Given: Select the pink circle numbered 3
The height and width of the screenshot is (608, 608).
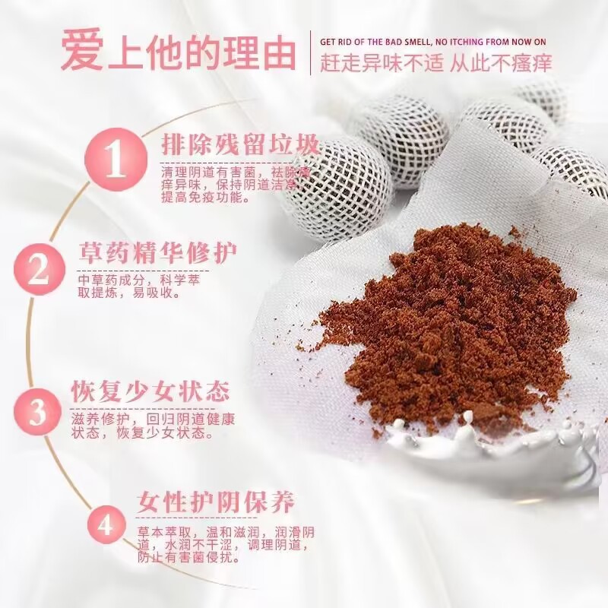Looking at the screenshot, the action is tap(38, 411).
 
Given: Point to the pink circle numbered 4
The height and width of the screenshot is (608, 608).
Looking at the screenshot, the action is tap(106, 526).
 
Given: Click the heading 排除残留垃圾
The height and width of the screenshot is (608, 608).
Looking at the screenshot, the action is tap(239, 145).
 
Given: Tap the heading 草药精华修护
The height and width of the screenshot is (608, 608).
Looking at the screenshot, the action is tap(158, 252).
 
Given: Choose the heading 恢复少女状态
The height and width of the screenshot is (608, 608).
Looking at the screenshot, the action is tap(150, 392).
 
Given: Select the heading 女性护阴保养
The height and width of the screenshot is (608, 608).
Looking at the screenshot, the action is tap(216, 502).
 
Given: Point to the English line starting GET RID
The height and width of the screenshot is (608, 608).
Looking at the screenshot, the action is tap(432, 42).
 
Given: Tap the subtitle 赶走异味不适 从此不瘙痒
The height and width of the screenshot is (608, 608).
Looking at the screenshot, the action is tap(435, 63).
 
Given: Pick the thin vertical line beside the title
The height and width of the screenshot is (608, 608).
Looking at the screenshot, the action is tap(310, 52).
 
